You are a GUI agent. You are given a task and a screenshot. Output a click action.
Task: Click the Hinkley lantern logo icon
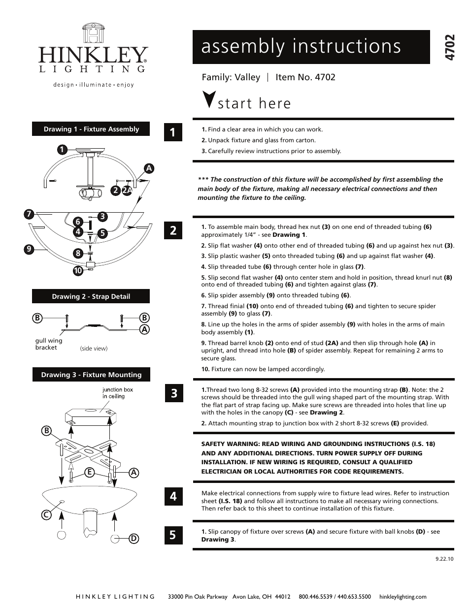click(93, 33)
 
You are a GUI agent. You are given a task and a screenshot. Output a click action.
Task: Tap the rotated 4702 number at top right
click(449, 48)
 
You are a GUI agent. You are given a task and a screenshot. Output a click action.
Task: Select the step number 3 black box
click(173, 393)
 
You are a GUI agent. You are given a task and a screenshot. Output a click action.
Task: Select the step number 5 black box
click(173, 535)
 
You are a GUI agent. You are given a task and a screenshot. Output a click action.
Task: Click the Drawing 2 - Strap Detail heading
click(91, 296)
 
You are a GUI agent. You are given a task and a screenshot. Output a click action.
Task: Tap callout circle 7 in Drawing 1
click(30, 214)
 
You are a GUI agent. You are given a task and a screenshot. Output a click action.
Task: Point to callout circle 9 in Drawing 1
click(29, 249)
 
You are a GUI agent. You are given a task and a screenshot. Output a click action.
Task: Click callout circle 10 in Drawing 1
click(78, 270)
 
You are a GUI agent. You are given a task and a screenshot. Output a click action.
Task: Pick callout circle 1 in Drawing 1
click(62, 150)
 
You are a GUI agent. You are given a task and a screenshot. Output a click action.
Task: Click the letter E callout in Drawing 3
click(89, 472)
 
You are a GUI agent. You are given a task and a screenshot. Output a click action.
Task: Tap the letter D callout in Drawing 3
click(134, 539)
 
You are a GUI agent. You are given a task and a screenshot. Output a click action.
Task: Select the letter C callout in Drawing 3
click(46, 515)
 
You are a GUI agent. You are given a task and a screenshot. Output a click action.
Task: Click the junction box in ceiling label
click(117, 393)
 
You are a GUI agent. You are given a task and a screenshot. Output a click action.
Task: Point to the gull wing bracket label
click(49, 344)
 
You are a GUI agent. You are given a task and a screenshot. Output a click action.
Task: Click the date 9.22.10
click(444, 559)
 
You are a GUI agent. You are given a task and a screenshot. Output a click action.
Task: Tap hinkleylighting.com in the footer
click(403, 597)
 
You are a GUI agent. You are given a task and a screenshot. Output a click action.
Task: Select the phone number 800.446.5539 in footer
click(315, 597)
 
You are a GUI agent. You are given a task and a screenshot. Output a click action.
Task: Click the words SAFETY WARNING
click(230, 444)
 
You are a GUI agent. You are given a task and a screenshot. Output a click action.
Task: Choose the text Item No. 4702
click(305, 77)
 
